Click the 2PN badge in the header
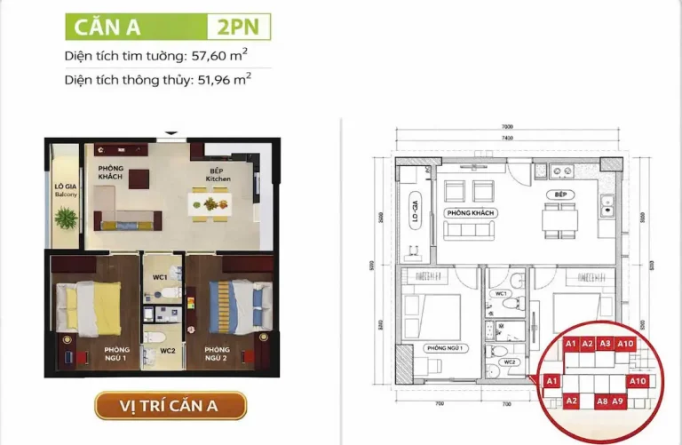click(x=238, y=27)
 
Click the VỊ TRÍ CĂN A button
click(x=170, y=406)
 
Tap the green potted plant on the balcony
click(x=66, y=216)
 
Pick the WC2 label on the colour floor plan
click(x=167, y=350)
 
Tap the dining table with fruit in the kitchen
click(x=210, y=204)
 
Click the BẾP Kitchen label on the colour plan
click(x=218, y=174)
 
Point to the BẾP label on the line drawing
click(x=559, y=193)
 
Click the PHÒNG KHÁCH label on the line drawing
click(x=471, y=213)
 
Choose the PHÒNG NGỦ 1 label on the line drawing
click(x=444, y=347)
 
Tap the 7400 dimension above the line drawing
click(x=507, y=139)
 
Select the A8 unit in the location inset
click(x=601, y=401)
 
